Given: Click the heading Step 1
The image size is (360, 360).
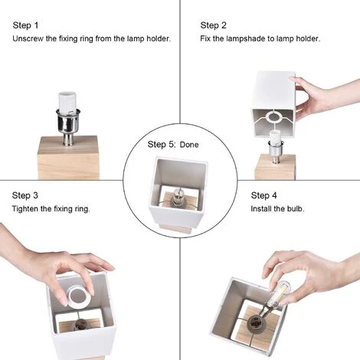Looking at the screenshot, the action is (25, 25).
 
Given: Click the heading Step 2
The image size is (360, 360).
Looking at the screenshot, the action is (213, 25).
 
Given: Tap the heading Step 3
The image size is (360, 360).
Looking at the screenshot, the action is (25, 195).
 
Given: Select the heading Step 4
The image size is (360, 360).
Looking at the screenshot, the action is (263, 195).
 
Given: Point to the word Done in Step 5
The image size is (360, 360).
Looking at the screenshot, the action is (189, 145).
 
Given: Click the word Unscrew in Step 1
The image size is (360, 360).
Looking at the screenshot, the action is (28, 39).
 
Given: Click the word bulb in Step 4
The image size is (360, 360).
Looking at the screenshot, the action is (296, 209).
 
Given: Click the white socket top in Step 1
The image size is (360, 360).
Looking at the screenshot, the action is (67, 101).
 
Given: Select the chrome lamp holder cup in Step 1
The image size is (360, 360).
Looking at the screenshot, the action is (68, 123).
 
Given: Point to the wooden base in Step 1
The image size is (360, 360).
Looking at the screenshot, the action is (68, 158).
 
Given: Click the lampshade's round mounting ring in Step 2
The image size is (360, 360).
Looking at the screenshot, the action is (273, 117).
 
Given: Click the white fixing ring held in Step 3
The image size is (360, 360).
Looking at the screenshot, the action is (78, 296).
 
